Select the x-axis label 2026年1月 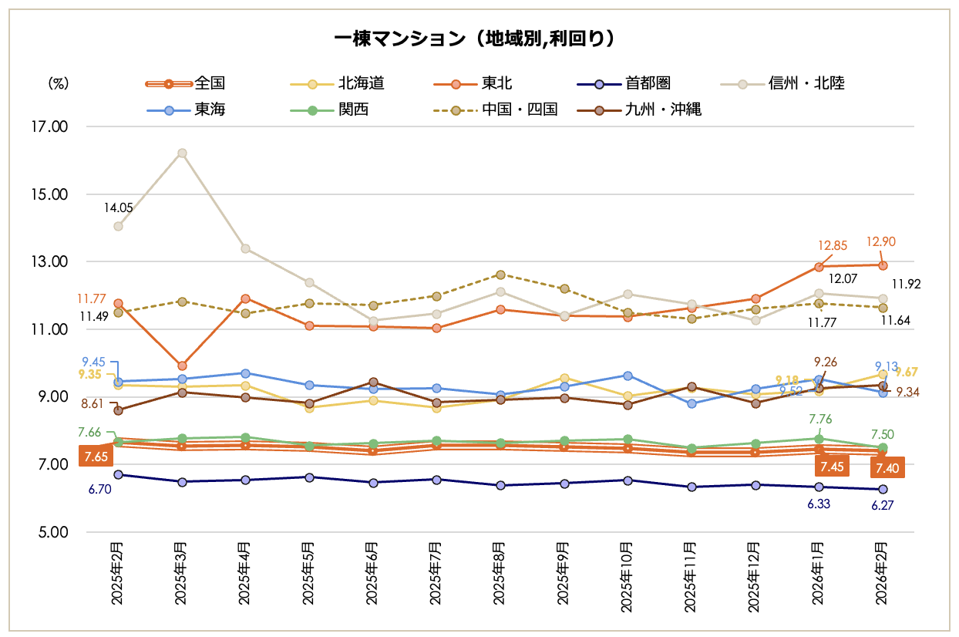[x=819, y=575]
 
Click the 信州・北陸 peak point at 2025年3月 [x=182, y=153]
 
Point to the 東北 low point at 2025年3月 [x=182, y=366]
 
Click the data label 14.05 [x=119, y=207]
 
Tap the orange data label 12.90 [x=880, y=242]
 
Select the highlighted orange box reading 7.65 [x=96, y=457]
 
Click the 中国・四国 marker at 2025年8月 [x=500, y=275]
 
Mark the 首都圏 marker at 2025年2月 [x=118, y=474]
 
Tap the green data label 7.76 [x=819, y=420]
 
